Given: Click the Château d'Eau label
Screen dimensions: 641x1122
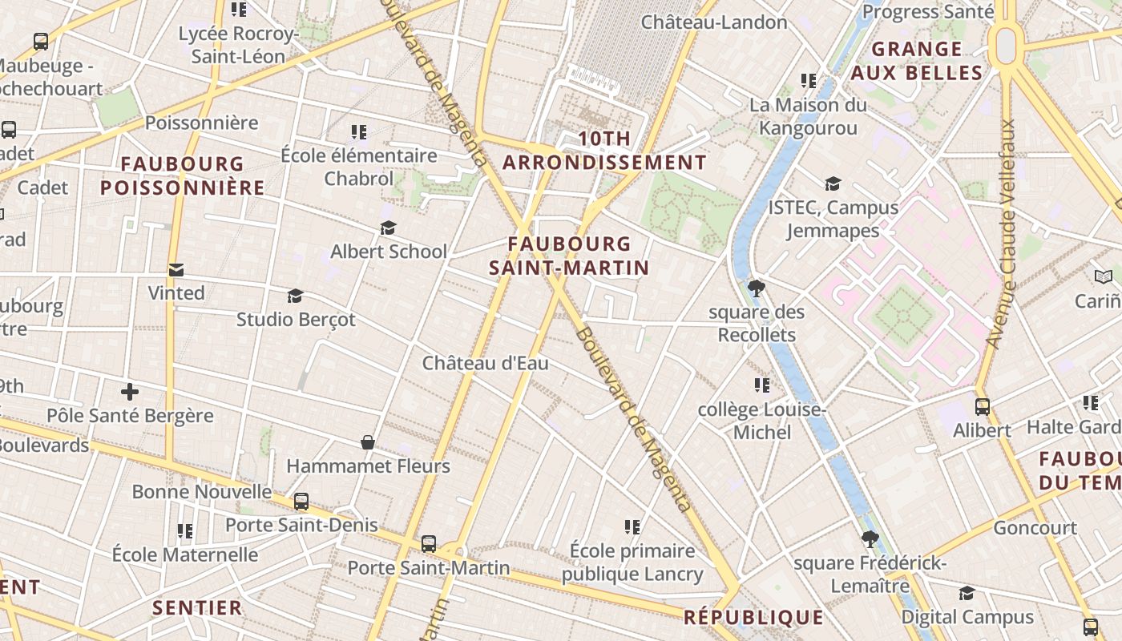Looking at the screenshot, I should pos(486,363).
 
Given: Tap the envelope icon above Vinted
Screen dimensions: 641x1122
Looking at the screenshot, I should pos(176,270).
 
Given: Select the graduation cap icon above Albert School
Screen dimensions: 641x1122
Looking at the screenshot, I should pos(389,228).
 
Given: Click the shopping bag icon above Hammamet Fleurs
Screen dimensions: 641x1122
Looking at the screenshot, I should pos(368,442).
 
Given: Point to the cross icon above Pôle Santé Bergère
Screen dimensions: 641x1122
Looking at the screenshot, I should pos(130,392).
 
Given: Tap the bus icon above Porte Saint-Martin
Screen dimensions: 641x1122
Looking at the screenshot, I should pos(429,544).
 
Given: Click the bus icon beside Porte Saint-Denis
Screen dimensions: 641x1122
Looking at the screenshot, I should pos(301,502).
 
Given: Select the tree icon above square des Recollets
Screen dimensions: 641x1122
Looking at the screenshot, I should pos(756,288).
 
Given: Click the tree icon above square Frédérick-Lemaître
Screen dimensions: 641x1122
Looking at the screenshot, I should pos(870,539).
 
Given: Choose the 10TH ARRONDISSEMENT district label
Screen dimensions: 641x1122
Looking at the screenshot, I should pos(604,151).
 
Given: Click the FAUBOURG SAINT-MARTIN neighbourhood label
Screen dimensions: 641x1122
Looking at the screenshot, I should pos(569,256).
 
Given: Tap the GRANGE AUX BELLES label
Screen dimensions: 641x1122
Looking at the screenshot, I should pos(917,61).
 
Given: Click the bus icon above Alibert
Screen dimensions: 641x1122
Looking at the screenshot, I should pos(983,407).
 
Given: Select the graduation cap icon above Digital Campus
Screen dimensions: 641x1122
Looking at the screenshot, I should pos(967,594).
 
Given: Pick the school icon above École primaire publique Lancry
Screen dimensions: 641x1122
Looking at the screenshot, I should pos(632,527).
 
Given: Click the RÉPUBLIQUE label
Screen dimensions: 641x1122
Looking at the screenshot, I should pos(753,617).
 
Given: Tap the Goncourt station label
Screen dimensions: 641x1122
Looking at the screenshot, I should pos(1035,528).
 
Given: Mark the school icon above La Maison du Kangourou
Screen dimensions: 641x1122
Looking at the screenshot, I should pos(809,81).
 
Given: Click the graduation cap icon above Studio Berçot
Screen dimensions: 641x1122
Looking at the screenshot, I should pos(296,296).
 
